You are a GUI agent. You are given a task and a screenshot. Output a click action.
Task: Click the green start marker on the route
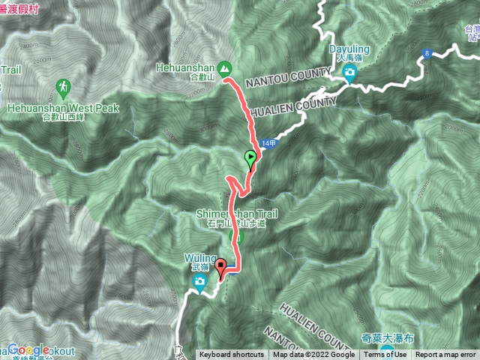(x=250, y=158)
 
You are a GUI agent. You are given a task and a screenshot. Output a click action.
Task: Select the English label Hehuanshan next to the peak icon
(x=187, y=67)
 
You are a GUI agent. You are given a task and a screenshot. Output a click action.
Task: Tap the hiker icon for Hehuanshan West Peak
(x=61, y=89)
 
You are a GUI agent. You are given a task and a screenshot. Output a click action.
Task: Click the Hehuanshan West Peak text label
(x=64, y=108)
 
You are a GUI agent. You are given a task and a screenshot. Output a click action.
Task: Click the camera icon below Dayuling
(x=349, y=72)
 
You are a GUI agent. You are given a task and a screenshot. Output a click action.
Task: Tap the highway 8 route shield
(x=426, y=53)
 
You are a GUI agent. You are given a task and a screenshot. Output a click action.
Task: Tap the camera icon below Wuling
(x=199, y=281)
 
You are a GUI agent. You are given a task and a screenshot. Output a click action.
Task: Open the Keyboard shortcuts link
(x=231, y=355)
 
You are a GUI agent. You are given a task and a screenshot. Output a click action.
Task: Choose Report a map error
(x=446, y=355)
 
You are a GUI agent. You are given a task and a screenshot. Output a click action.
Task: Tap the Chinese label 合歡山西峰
(x=64, y=117)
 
